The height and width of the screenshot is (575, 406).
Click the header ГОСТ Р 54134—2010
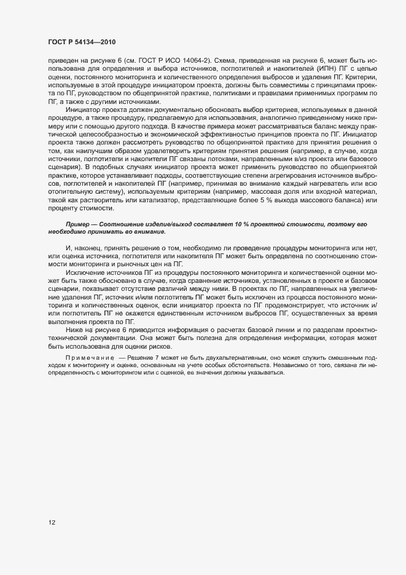click(x=82, y=42)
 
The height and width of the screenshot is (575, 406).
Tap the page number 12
click(x=52, y=523)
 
